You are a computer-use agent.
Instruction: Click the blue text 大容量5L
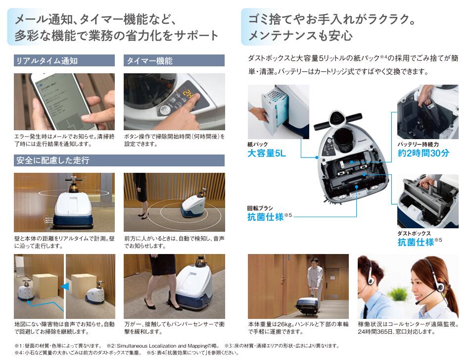[x=267, y=154]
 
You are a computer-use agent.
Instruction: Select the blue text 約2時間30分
[x=424, y=153]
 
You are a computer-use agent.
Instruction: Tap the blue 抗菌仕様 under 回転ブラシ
[x=266, y=217]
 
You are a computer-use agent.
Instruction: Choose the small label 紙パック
[x=257, y=144]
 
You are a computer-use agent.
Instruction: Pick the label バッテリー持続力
[x=418, y=144]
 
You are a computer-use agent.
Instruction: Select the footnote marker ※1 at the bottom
[x=19, y=346]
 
